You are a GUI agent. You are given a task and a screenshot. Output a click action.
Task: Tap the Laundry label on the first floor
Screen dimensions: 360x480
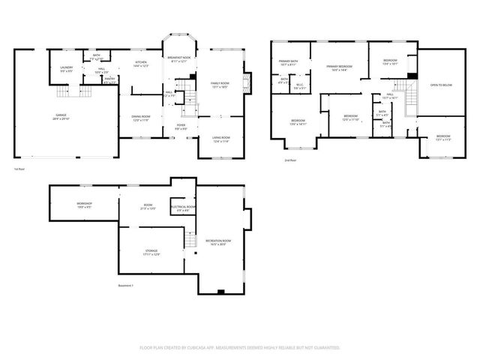[x=66, y=69]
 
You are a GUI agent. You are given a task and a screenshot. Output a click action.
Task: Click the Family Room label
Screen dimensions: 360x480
[x=219, y=84]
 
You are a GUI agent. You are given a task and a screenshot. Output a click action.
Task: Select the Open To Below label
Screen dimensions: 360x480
[x=440, y=85]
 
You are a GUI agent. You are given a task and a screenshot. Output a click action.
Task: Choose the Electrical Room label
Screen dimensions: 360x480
[x=183, y=208]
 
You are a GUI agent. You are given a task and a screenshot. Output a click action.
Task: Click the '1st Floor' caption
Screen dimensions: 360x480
[x=21, y=169]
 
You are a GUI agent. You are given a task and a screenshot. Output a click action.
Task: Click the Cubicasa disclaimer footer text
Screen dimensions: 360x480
[x=240, y=348]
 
